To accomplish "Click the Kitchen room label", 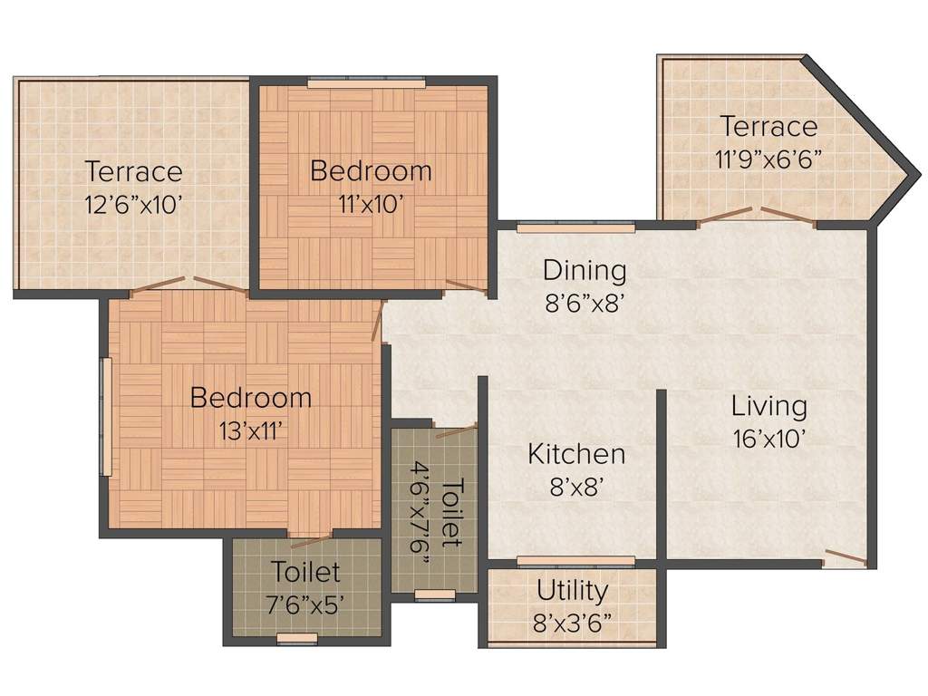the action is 575,455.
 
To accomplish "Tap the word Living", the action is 768,407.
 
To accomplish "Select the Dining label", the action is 585,271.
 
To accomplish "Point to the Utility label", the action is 573,591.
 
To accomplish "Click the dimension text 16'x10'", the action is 768,439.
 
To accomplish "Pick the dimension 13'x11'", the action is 250,430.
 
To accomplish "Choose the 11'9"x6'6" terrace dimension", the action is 768,159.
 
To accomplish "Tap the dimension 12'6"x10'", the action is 132,205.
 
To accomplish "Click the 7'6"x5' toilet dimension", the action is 305,604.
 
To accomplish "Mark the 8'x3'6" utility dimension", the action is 573,623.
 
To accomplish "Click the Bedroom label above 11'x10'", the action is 371,171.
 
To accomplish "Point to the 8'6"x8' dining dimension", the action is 585,303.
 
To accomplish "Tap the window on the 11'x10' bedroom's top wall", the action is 366,82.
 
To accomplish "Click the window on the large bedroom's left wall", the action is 107,416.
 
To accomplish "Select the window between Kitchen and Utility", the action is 575,561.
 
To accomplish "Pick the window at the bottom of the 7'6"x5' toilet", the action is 297,638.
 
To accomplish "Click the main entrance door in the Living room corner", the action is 846,557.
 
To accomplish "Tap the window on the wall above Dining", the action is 575,227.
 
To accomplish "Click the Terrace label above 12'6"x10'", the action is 134,171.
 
